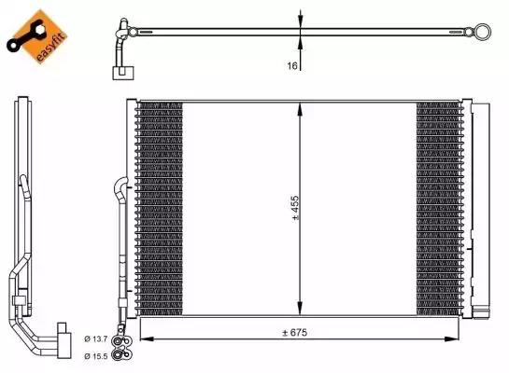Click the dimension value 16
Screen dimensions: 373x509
tap(292, 66)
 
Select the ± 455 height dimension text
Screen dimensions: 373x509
tap(296, 209)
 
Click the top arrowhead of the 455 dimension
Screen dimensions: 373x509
tap(299, 107)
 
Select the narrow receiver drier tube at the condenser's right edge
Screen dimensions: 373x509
tap(475, 210)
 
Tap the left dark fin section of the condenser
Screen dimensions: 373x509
tap(160, 209)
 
